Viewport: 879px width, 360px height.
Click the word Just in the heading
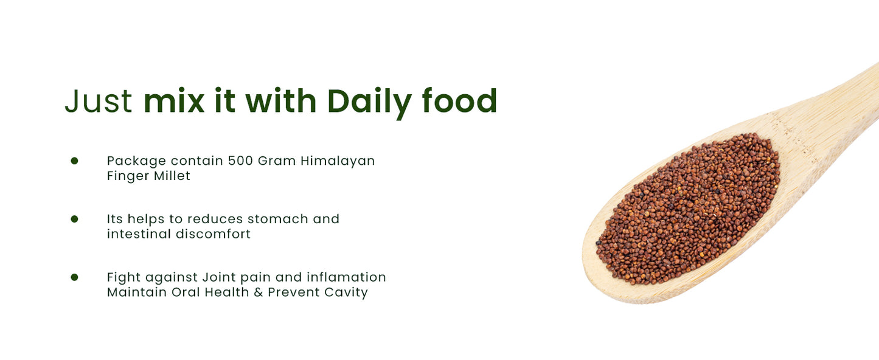[98, 102]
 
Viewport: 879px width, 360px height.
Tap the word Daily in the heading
[369, 102]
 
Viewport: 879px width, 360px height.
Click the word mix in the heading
[174, 102]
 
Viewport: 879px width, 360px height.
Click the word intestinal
[139, 234]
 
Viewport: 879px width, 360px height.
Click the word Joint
[221, 277]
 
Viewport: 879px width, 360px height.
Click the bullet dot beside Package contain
[74, 161]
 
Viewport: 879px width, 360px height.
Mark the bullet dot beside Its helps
[74, 219]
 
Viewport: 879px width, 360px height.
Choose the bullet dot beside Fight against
[74, 277]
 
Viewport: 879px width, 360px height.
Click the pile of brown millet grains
[687, 210]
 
